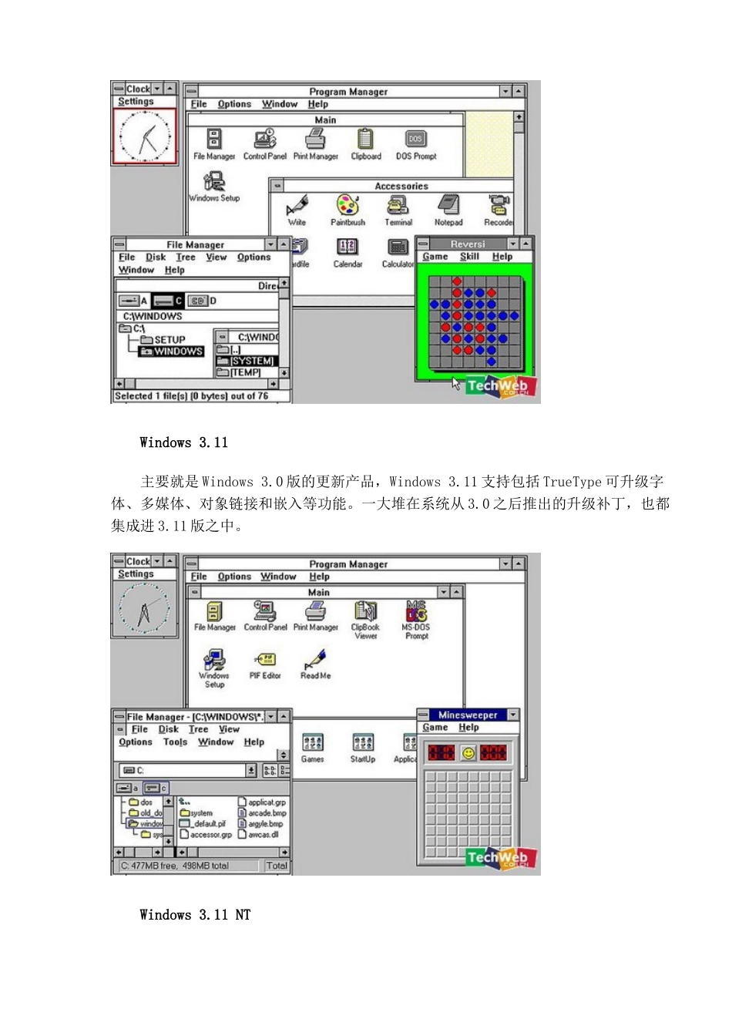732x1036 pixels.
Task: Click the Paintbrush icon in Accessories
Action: (x=348, y=207)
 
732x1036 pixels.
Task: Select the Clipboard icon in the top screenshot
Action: (x=365, y=140)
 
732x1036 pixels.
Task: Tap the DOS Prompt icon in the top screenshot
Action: (x=415, y=140)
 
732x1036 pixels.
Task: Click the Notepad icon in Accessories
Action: (x=448, y=207)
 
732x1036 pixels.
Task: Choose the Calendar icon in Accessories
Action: (x=348, y=248)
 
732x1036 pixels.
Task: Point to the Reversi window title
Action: (x=467, y=244)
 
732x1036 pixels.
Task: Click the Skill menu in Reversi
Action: (x=469, y=257)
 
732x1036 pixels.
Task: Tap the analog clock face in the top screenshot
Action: (x=145, y=136)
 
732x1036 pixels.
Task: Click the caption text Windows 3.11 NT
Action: (x=195, y=915)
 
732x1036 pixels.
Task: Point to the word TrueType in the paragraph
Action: (x=572, y=482)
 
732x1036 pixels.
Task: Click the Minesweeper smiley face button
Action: (x=468, y=752)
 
